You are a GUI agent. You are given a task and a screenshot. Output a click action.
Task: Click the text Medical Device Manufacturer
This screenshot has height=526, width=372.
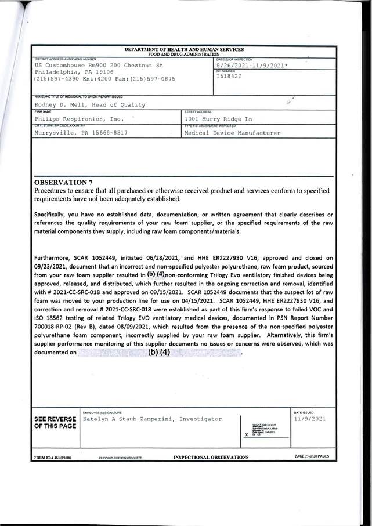[x=232, y=133]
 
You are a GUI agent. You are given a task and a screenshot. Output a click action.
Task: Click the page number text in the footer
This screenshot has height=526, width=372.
[x=312, y=456]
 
